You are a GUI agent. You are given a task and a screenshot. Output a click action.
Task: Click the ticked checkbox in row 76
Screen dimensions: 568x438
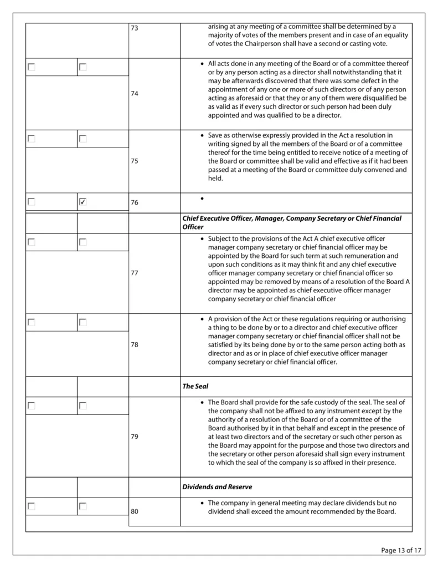tap(83, 202)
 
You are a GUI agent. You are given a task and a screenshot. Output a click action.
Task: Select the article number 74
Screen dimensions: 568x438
tap(135, 94)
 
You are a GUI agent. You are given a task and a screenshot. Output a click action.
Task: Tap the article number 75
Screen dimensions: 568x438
tap(135, 161)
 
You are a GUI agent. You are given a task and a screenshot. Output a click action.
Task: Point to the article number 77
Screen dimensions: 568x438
tap(135, 273)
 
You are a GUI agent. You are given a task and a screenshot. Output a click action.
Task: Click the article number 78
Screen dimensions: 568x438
tap(135, 344)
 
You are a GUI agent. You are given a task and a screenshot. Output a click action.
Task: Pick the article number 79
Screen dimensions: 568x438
tap(135, 437)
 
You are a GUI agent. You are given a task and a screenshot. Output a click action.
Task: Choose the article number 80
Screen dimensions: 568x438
tap(135, 512)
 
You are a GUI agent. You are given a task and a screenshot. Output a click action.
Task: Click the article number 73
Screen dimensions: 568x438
tap(135, 28)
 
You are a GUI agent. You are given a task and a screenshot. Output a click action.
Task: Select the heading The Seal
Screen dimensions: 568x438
tap(195, 386)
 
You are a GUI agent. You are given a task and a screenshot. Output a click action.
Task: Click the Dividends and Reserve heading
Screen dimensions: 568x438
tap(217, 487)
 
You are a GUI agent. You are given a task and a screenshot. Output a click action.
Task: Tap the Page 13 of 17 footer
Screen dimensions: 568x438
tap(402, 550)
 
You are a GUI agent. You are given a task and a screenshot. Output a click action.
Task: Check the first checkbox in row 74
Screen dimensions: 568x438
tap(32, 67)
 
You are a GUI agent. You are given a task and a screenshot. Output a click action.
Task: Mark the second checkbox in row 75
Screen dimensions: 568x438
tap(83, 139)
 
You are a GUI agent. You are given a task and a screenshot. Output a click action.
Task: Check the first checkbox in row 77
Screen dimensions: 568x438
tap(32, 242)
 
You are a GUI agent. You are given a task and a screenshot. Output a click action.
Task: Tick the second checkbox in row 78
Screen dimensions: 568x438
tap(83, 322)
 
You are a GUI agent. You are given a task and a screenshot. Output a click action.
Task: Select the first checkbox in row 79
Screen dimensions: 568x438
tap(32, 406)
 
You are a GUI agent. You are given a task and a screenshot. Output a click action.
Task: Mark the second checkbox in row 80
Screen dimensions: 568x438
tap(83, 506)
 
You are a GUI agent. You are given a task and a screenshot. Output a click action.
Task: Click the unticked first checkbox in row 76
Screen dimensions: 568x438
tap(32, 202)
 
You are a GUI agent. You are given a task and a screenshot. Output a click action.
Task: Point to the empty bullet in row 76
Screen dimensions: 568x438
tap(203, 199)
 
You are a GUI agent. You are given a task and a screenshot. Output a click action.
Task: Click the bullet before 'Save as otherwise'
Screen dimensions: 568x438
tap(203, 135)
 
